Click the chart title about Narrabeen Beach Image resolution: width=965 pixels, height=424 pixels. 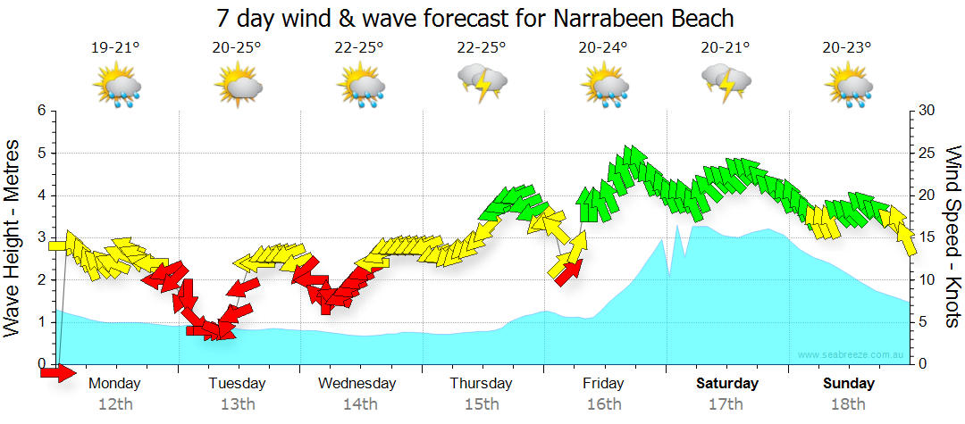point(475,18)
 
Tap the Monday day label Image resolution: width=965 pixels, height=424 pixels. point(114,384)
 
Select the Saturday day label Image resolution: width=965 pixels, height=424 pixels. point(727,384)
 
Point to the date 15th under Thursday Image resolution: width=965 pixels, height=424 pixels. point(482,404)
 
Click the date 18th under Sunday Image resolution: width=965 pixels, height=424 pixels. point(849,404)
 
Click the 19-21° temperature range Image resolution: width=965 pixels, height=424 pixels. point(115,48)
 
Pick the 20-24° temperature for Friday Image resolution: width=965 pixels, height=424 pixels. point(603,48)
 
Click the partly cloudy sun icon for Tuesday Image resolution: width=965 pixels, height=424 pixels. point(238,87)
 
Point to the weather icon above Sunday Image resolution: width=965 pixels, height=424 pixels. point(848,87)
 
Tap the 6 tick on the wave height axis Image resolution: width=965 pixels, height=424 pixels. point(40,111)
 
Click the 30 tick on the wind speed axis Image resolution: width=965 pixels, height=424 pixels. point(927,111)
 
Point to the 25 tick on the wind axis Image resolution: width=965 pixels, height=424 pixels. point(927,153)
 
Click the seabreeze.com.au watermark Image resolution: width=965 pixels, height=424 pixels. point(852,355)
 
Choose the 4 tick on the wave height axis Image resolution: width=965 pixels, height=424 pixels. point(40,195)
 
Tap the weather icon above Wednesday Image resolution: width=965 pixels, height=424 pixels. point(360,87)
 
